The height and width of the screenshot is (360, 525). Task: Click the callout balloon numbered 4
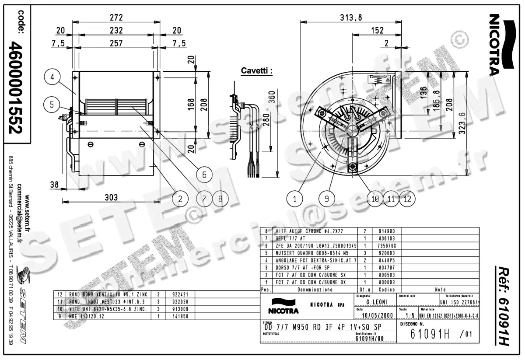pos(52,78)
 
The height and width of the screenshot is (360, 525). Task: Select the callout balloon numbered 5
pos(52,105)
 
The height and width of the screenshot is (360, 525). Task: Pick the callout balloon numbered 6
pos(204,174)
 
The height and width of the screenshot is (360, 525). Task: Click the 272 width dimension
pos(116,17)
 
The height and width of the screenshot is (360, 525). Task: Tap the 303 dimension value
pos(111,197)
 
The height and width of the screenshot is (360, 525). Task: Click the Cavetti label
pos(257,70)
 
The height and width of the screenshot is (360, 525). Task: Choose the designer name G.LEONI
pos(376,302)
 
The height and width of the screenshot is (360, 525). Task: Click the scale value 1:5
pos(410,315)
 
